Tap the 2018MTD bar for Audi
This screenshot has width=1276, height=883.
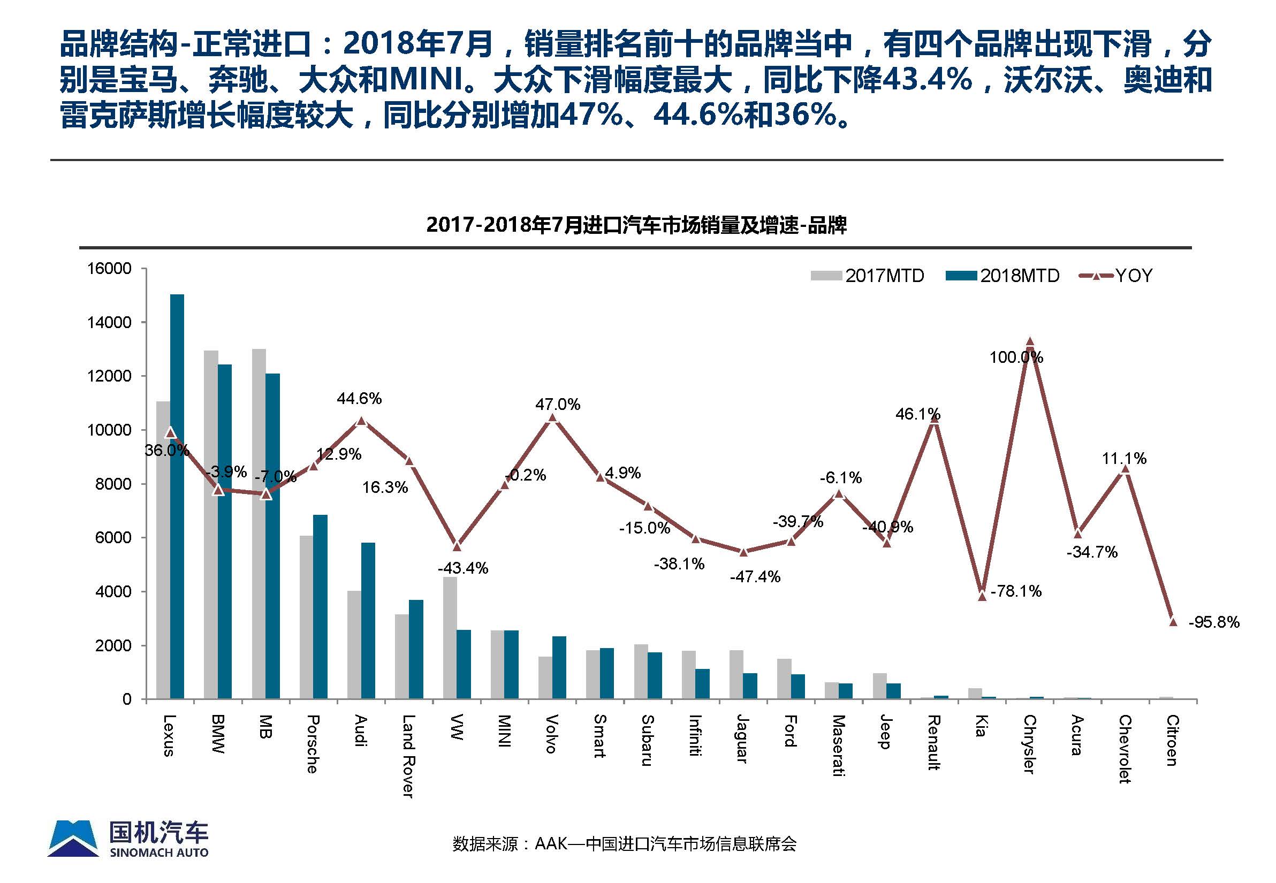368,620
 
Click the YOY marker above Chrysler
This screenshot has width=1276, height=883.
1030,342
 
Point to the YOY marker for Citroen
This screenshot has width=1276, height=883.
1173,621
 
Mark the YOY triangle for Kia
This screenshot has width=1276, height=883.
982,596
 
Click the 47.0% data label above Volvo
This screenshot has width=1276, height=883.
557,405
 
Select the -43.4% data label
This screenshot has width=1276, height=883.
462,568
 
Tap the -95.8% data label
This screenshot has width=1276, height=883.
1214,622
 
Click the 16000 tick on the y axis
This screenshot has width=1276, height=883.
110,269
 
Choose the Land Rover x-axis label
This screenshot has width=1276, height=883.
408,756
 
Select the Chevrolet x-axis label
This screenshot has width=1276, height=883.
1125,749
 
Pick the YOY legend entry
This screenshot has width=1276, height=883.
1116,276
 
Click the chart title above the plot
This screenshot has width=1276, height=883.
636,225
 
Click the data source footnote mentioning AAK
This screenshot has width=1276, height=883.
624,859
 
